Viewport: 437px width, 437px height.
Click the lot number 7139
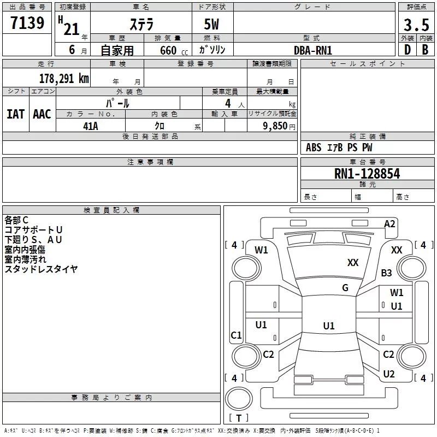point(27,23)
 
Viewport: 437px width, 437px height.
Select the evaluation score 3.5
point(416,25)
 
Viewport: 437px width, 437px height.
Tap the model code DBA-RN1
point(313,50)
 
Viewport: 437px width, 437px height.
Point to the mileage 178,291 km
point(64,78)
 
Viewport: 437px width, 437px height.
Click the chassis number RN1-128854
point(367,174)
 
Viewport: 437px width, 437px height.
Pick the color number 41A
point(91,126)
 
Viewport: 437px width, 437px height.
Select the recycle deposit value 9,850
point(275,126)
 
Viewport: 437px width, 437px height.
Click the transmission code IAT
point(16,114)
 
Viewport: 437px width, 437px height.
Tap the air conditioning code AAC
point(42,114)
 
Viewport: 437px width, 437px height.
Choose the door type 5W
point(211,24)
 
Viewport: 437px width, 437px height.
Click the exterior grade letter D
point(408,50)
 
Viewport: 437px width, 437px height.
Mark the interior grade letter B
point(425,50)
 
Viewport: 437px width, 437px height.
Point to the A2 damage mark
point(389,224)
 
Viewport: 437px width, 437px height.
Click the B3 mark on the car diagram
point(386,273)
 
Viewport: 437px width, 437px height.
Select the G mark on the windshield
point(345,287)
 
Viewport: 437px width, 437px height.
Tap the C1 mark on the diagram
point(236,335)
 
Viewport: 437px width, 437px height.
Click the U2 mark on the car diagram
point(389,374)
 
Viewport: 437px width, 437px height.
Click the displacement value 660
point(168,50)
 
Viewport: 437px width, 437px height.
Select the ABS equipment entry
point(314,147)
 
